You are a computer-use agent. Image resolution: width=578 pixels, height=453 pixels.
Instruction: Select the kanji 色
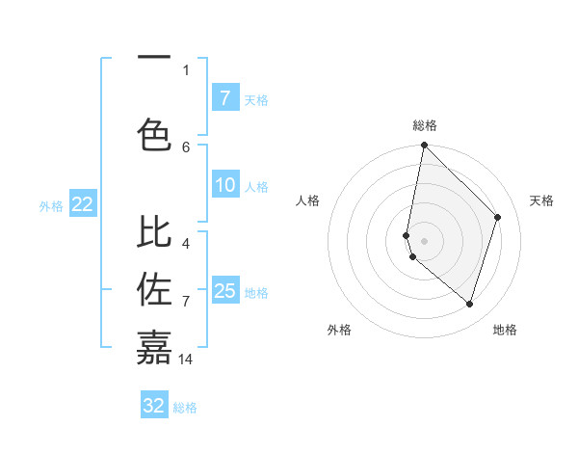coord(154,134)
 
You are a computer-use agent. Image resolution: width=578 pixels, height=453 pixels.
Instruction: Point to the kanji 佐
coord(154,288)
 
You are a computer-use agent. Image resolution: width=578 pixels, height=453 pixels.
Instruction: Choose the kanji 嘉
coord(154,346)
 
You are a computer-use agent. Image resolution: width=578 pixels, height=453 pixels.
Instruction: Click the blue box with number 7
coord(224,97)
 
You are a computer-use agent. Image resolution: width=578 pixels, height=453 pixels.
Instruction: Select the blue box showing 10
coord(224,185)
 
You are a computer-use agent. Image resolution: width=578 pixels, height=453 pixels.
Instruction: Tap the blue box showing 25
coord(224,290)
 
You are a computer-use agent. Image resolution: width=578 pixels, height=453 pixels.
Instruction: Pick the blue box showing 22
coord(83,203)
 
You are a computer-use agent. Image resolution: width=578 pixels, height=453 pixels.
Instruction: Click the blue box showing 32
coord(154,406)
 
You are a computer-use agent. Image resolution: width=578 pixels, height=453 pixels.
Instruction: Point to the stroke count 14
coord(186,360)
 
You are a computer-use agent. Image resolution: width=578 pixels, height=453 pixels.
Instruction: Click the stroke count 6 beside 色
coord(186,147)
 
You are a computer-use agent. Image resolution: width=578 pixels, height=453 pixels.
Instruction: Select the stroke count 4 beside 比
coord(186,231)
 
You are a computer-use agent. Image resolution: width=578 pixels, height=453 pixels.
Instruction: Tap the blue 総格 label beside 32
coord(185,408)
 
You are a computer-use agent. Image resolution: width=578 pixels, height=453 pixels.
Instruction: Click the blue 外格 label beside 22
coord(51,205)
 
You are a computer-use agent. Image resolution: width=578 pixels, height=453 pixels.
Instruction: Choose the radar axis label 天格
coord(541,200)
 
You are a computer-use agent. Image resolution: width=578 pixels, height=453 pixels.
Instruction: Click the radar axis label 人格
coord(307,200)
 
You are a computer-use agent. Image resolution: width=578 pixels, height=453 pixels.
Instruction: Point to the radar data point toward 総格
coord(424,145)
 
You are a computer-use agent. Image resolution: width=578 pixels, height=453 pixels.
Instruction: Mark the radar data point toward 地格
coord(469,305)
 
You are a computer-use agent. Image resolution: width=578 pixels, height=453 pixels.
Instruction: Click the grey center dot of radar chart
coord(424,240)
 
